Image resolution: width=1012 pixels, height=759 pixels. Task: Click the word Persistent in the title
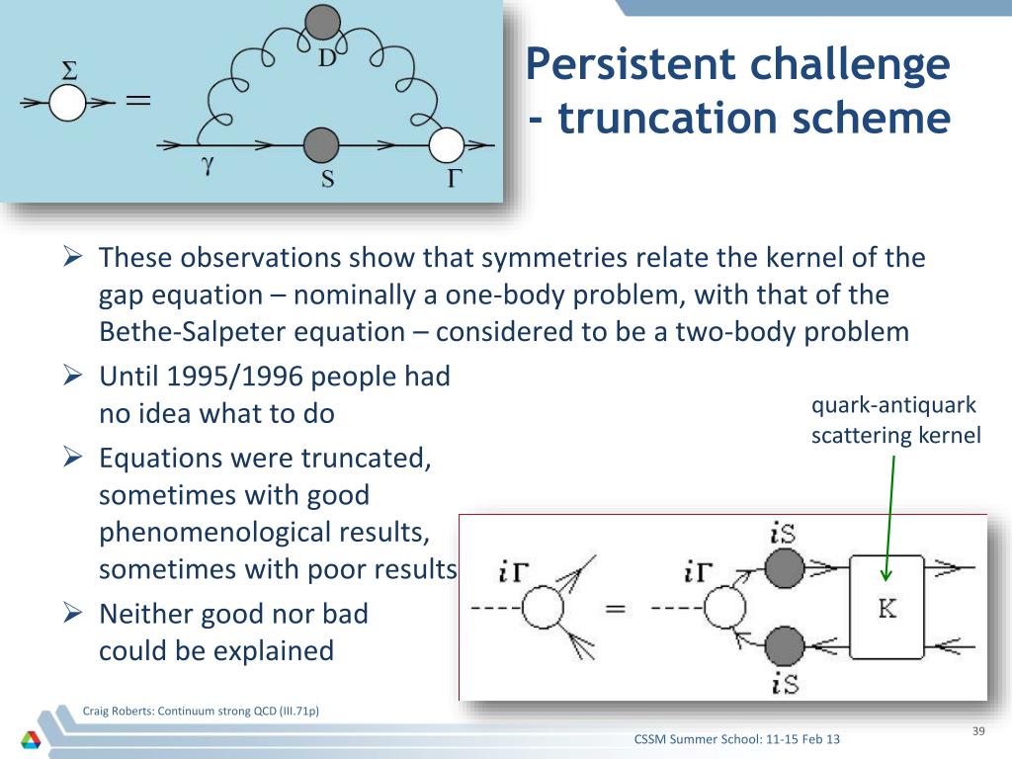coord(631,64)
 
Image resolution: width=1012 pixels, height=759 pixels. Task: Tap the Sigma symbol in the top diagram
coord(69,70)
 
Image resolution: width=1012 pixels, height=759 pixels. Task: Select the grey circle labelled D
coord(322,23)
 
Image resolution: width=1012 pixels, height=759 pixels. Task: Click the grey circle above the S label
coord(321,144)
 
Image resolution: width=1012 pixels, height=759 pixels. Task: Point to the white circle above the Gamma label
coord(446,145)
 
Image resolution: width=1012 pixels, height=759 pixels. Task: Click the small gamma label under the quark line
coord(208,166)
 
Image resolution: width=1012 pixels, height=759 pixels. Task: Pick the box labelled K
coord(886,608)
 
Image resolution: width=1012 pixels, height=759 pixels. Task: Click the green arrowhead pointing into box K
coord(886,574)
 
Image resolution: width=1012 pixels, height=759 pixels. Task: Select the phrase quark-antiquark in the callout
coord(893,405)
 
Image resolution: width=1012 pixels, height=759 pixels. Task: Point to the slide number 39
coord(978,731)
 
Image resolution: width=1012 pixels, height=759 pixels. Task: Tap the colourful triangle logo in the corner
coord(31,739)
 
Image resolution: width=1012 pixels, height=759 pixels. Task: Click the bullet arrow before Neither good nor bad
coord(73,612)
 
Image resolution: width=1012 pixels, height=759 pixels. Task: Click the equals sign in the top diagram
coord(137,100)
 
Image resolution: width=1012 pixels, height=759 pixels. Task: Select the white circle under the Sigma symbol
coord(68,103)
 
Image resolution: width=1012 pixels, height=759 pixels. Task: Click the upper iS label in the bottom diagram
coord(783,533)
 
